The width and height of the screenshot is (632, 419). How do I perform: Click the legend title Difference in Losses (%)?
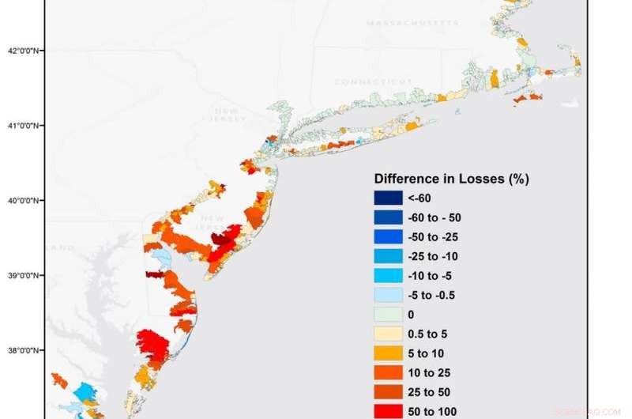click(451, 179)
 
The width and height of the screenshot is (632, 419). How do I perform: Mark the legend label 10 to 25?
click(428, 372)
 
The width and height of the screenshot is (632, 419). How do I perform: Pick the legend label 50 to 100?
click(431, 411)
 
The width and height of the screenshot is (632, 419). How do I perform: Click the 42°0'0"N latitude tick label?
click(24, 51)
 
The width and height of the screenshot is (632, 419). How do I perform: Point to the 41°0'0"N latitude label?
click(24, 126)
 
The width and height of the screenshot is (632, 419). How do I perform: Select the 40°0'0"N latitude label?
click(24, 201)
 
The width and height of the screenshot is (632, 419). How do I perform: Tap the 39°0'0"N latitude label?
click(24, 276)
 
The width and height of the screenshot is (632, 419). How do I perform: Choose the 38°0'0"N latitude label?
click(24, 351)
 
